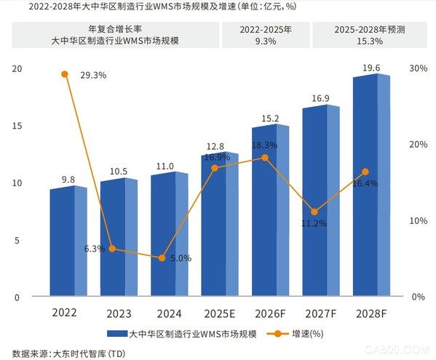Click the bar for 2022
point(68,241)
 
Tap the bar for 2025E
point(219,225)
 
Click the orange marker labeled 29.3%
point(65,74)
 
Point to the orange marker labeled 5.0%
point(162,257)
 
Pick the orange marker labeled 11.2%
point(314,212)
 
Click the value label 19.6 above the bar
point(372,68)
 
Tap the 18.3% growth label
point(265,145)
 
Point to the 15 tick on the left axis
point(15,126)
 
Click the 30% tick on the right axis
point(418,68)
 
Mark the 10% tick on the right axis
point(418,220)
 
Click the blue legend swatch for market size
point(116,335)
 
